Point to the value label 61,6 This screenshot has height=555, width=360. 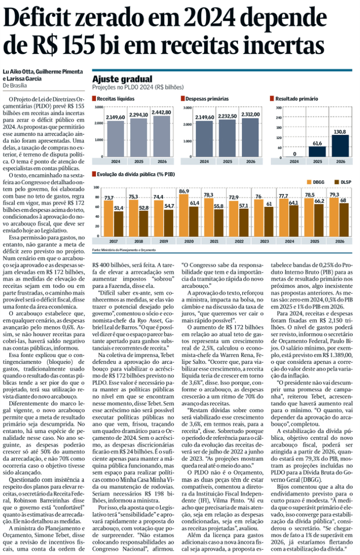317,144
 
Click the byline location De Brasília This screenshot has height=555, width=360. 15,85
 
